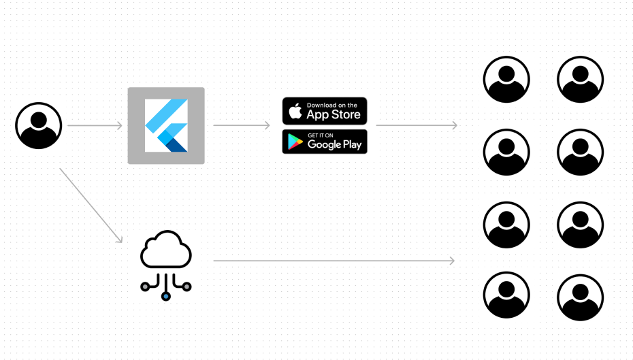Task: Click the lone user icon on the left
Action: [x=38, y=125]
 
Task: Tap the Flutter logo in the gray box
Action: [x=166, y=125]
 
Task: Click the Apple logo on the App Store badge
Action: [x=295, y=111]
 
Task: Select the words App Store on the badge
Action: [x=334, y=114]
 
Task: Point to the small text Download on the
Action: [x=332, y=105]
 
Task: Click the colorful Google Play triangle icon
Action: [x=295, y=142]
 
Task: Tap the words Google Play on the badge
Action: [x=334, y=144]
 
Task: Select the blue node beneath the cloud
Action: [x=165, y=297]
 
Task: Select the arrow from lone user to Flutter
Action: [x=95, y=126]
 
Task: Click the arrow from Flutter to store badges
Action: [x=242, y=126]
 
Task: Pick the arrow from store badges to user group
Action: [x=416, y=126]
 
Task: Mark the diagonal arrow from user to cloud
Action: [x=91, y=205]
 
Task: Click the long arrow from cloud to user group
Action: [x=334, y=261]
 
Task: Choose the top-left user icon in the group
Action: [x=506, y=79]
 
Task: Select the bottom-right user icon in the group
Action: [x=580, y=297]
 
